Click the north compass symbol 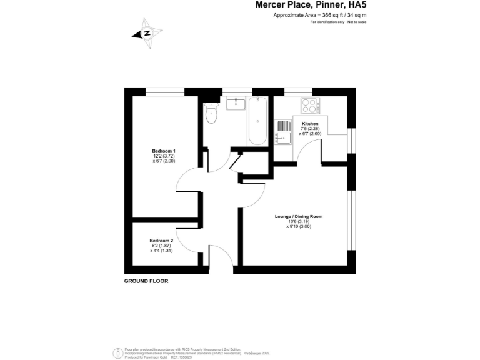(x=147, y=34)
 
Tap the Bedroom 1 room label (x=164, y=151)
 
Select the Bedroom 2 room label (x=161, y=241)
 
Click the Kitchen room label (x=310, y=124)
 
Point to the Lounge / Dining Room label (x=299, y=217)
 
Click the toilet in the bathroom (x=211, y=113)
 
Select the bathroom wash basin (x=236, y=103)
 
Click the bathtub (x=257, y=122)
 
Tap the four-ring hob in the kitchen (x=311, y=105)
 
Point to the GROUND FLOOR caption (x=146, y=281)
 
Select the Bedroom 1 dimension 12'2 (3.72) (x=164, y=156)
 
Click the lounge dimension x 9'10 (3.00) (x=299, y=227)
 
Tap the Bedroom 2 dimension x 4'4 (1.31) (x=161, y=251)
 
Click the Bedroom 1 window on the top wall (x=165, y=91)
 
